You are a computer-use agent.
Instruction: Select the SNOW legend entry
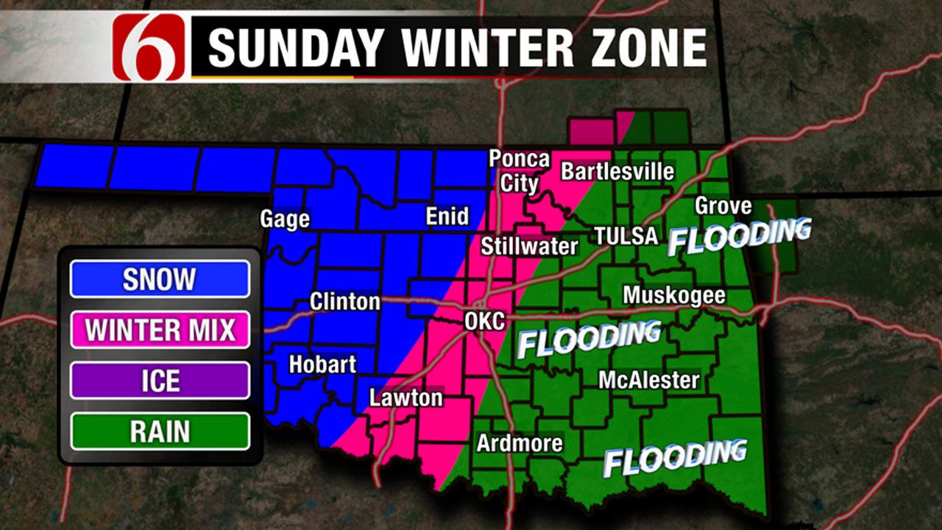click(160, 279)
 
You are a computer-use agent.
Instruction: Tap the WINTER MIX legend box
click(160, 330)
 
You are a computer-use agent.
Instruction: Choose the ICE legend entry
click(160, 381)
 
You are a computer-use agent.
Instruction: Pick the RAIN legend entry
click(160, 431)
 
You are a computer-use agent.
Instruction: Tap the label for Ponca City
click(520, 170)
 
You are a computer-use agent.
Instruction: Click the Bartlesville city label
click(617, 172)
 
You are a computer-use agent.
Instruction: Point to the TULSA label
click(626, 236)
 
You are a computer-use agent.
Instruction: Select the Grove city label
click(723, 205)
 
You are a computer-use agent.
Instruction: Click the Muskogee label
click(674, 296)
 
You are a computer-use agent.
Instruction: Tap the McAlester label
click(648, 380)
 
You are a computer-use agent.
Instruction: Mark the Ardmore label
click(520, 443)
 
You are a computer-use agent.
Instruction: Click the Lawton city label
click(406, 398)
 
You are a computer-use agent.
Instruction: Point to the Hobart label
click(322, 364)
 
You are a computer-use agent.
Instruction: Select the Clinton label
click(344, 302)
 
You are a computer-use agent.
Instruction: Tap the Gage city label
click(285, 219)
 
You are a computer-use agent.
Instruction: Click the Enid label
click(447, 216)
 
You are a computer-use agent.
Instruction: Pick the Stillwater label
click(529, 246)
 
